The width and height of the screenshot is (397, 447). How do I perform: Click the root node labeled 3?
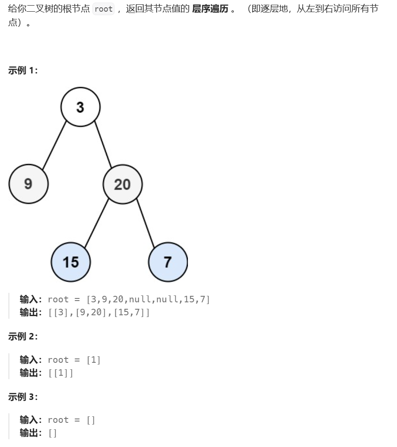coord(80,107)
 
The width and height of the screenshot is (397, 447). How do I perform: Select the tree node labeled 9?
coord(29,184)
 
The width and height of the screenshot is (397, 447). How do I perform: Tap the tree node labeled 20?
coord(122,184)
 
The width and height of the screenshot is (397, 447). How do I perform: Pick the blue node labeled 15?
coord(71,262)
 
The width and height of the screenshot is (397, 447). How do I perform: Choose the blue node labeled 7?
coord(168,262)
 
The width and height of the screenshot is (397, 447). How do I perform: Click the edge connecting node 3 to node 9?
coord(54,146)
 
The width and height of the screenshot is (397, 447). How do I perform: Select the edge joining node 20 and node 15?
coord(96,223)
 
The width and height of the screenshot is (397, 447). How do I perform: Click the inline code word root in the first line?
coord(104,9)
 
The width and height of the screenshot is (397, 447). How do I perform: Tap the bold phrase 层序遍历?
coord(210,9)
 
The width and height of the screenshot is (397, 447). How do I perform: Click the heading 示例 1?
coord(23,71)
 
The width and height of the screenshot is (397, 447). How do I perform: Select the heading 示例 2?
coord(23,336)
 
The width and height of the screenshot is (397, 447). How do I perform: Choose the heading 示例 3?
coord(23,396)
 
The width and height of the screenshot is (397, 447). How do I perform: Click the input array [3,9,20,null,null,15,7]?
coord(148,299)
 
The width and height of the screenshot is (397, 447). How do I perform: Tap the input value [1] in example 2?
coord(93,360)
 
